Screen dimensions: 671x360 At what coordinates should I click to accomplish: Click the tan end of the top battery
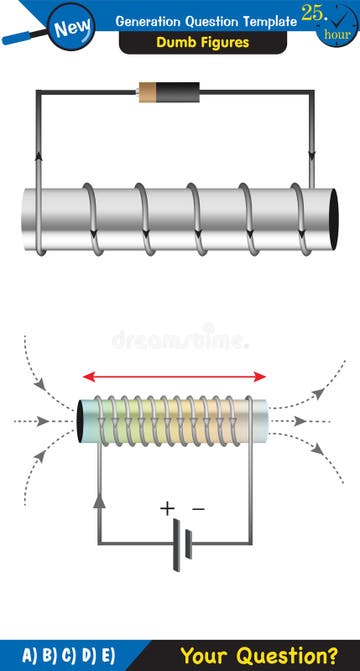point(146,92)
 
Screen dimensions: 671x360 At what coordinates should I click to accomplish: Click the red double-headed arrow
point(175,377)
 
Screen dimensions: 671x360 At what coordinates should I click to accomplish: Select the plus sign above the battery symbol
point(166,508)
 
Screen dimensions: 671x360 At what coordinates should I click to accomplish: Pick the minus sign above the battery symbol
point(198,508)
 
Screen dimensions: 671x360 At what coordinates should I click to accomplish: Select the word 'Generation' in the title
point(152,21)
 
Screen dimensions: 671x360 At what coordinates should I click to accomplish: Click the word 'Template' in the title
point(267,21)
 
